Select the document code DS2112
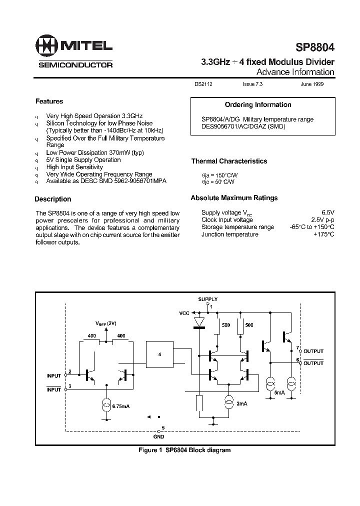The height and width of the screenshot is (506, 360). pyautogui.click(x=203, y=85)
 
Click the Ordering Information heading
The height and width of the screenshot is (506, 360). pyautogui.click(x=257, y=104)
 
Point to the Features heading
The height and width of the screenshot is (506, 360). pyautogui.click(x=49, y=101)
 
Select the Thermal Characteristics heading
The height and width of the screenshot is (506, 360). pyautogui.click(x=229, y=161)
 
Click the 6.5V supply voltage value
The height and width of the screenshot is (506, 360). pyautogui.click(x=327, y=212)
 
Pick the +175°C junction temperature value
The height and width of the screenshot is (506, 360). pyautogui.click(x=323, y=234)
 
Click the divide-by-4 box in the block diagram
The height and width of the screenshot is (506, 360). pyautogui.click(x=160, y=354)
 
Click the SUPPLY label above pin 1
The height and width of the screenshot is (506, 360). pyautogui.click(x=207, y=299)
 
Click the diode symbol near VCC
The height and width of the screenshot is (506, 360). pyautogui.click(x=199, y=322)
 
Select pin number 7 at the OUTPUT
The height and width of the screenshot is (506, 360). pyautogui.click(x=297, y=347)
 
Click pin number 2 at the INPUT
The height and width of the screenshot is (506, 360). pyautogui.click(x=70, y=371)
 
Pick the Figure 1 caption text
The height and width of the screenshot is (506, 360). pyautogui.click(x=184, y=450)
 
